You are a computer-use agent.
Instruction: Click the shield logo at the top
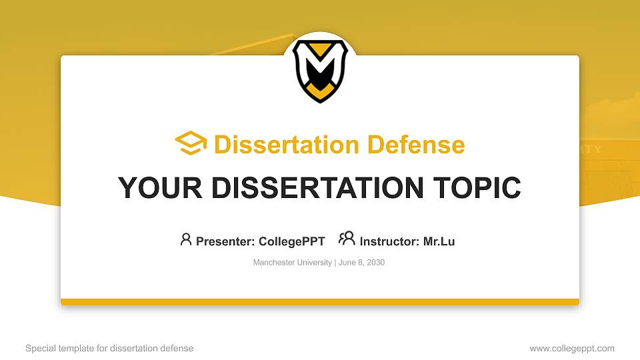click(320, 70)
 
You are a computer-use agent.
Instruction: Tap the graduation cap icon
click(191, 143)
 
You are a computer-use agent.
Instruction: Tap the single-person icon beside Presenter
click(186, 239)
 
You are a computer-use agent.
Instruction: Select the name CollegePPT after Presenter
click(291, 241)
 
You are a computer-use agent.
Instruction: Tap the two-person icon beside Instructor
click(347, 239)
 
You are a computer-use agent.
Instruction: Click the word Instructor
click(389, 241)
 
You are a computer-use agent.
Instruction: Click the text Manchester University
click(292, 263)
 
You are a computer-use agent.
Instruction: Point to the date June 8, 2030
click(361, 263)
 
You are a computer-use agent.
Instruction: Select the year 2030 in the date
click(375, 263)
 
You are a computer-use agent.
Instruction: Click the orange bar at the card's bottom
click(320, 302)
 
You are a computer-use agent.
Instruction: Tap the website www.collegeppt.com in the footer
click(572, 348)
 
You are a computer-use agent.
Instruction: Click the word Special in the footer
click(40, 348)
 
